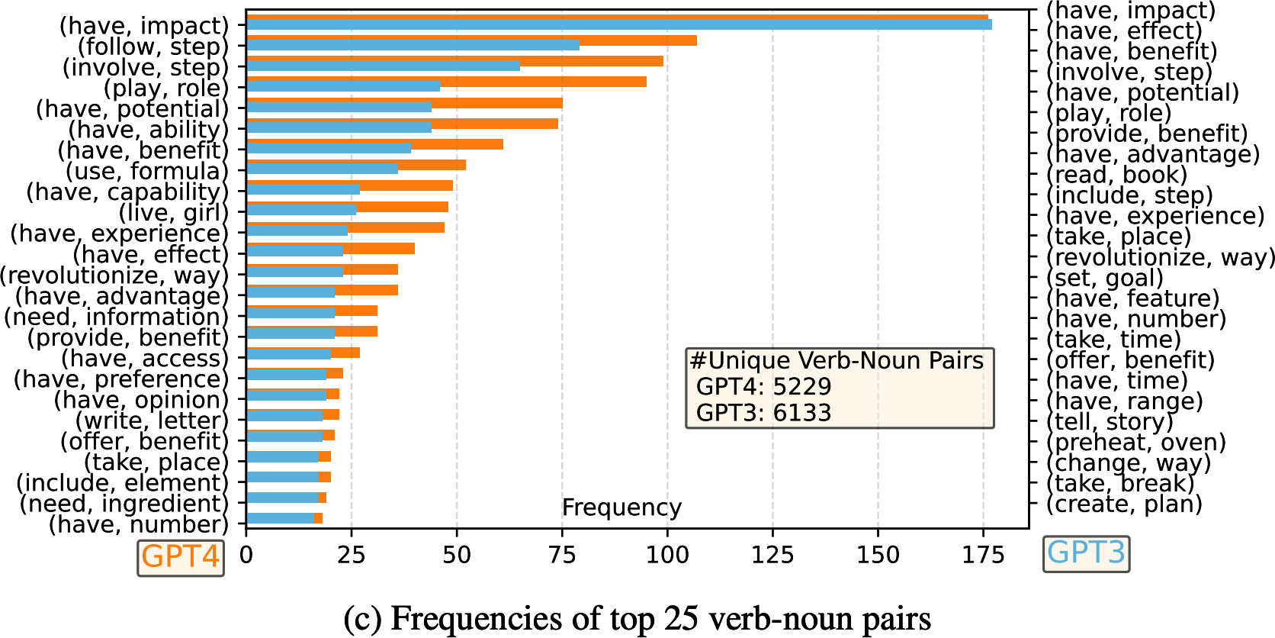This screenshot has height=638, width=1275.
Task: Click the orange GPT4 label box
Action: click(x=181, y=557)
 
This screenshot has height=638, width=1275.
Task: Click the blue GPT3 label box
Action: click(x=1085, y=553)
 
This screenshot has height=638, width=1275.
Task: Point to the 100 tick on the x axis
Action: click(x=667, y=556)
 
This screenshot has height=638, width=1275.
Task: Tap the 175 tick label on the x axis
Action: click(x=983, y=556)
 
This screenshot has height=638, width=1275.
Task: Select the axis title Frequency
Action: click(x=621, y=507)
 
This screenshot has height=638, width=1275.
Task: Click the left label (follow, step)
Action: click(x=153, y=47)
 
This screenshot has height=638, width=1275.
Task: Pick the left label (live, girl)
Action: click(x=173, y=213)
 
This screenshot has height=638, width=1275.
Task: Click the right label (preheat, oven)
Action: click(x=1135, y=443)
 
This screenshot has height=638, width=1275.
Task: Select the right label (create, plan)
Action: click(x=1124, y=504)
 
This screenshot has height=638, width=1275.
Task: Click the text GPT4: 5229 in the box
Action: click(x=763, y=387)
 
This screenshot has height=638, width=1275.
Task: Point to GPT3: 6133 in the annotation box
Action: click(x=763, y=413)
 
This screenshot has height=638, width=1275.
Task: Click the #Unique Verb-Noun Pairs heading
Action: click(x=837, y=361)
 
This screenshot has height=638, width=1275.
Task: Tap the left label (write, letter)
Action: click(x=152, y=420)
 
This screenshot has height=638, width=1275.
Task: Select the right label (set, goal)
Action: click(x=1104, y=279)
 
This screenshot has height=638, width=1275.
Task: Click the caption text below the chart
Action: click(x=637, y=618)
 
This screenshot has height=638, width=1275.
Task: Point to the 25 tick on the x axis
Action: click(x=352, y=556)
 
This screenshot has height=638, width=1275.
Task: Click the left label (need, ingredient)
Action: click(x=124, y=504)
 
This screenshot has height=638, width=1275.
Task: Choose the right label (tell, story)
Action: click(x=1110, y=422)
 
